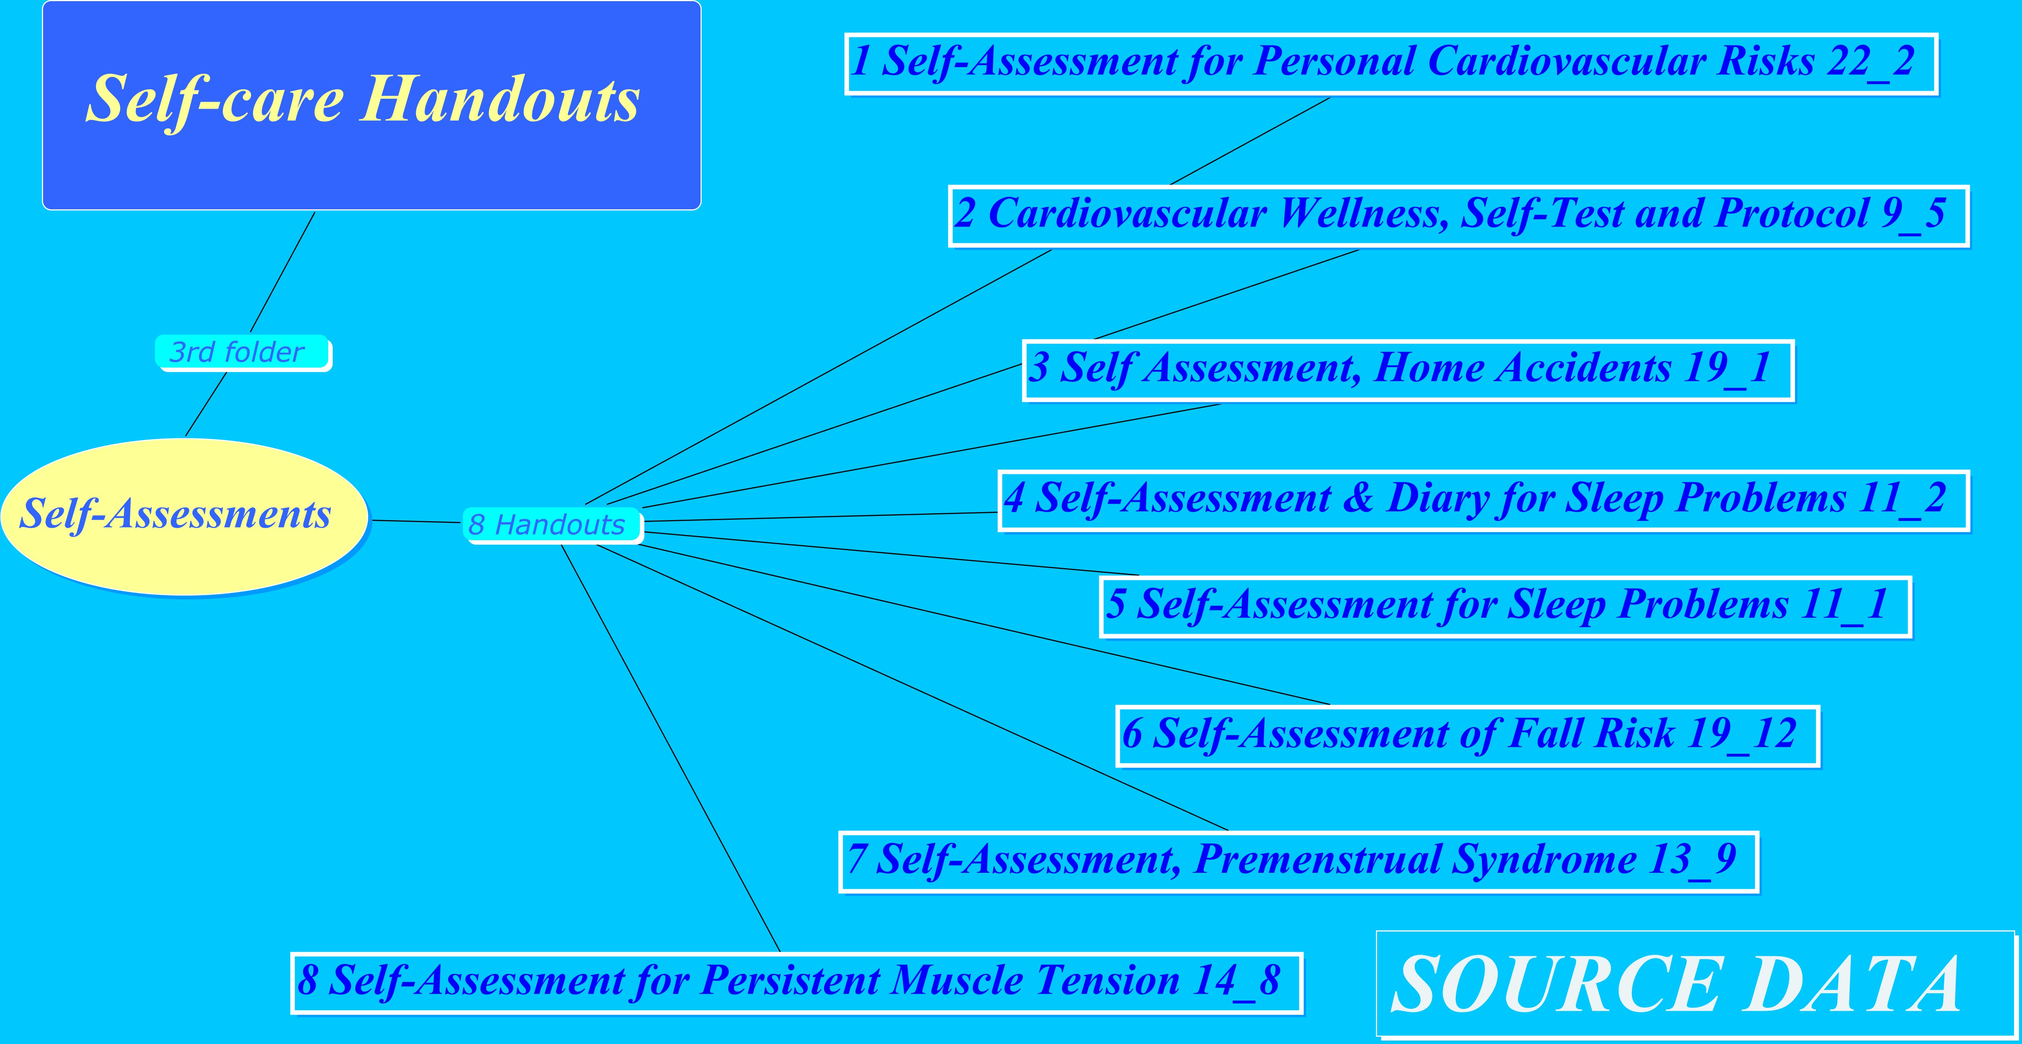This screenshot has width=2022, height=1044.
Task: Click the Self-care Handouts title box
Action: [371, 105]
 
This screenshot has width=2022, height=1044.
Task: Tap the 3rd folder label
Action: [242, 352]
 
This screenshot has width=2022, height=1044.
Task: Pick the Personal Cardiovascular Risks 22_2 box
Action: [1391, 64]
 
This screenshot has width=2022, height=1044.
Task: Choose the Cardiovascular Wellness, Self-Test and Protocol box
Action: [1458, 216]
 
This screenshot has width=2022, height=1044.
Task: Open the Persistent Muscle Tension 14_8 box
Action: [797, 983]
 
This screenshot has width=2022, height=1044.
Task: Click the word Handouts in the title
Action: [500, 100]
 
